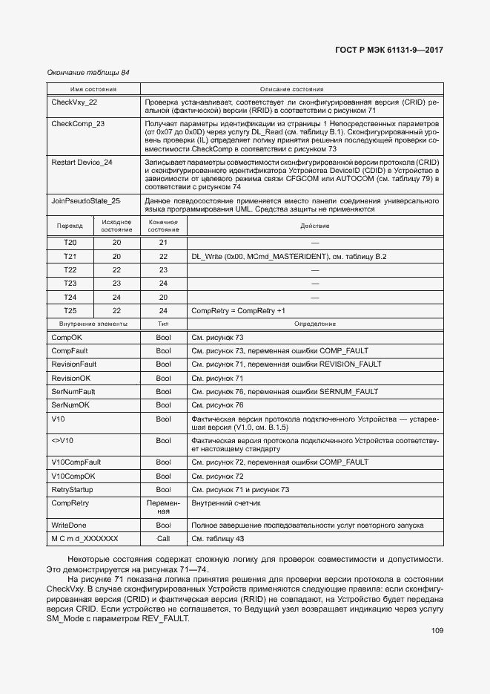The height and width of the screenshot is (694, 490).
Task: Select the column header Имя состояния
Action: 93,88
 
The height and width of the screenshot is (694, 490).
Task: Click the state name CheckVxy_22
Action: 74,102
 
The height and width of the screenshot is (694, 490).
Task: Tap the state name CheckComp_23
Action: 78,123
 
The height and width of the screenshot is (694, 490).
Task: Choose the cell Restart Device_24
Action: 82,162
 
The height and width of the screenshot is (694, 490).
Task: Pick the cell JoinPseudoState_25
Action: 85,200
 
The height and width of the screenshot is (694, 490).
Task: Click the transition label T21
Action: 70,256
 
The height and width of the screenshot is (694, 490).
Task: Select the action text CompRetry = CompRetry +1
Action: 238,310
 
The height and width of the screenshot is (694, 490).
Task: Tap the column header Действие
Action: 315,226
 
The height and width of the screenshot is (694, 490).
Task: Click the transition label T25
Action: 70,310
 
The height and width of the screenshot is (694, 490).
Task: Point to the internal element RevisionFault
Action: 74,364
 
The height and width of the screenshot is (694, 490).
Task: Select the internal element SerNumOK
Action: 70,405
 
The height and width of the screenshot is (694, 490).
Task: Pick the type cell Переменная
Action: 163,507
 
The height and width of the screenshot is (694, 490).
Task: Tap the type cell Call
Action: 163,539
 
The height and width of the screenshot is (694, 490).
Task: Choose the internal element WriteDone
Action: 69,526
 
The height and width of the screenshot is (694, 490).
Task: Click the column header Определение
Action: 315,324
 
